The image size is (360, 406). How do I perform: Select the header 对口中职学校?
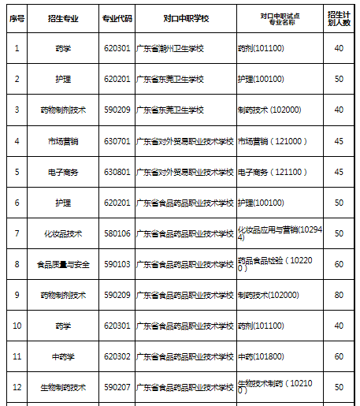[x=184, y=17]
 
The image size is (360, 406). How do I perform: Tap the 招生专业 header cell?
[x=63, y=17]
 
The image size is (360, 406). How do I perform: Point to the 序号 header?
[x=17, y=17]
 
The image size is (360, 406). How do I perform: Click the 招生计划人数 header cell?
[x=340, y=17]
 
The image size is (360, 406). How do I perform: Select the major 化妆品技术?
[x=63, y=233]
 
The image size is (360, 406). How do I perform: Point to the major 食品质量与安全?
[x=63, y=264]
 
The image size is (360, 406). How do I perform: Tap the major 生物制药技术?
[x=63, y=387]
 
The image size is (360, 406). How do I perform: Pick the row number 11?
[x=17, y=356]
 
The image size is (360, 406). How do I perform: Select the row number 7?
[x=17, y=233]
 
